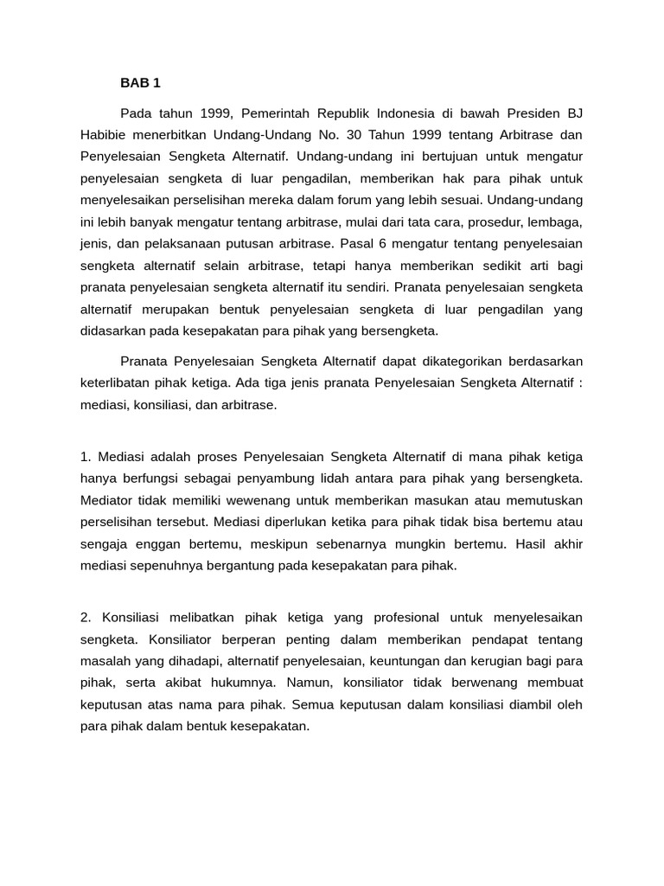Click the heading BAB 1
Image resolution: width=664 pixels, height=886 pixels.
click(140, 84)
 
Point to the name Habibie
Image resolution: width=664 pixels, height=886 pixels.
click(104, 135)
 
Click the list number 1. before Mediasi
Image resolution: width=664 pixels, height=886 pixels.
click(86, 457)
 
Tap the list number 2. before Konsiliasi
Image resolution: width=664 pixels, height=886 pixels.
click(86, 617)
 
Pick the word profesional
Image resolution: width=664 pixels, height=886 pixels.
click(405, 617)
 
